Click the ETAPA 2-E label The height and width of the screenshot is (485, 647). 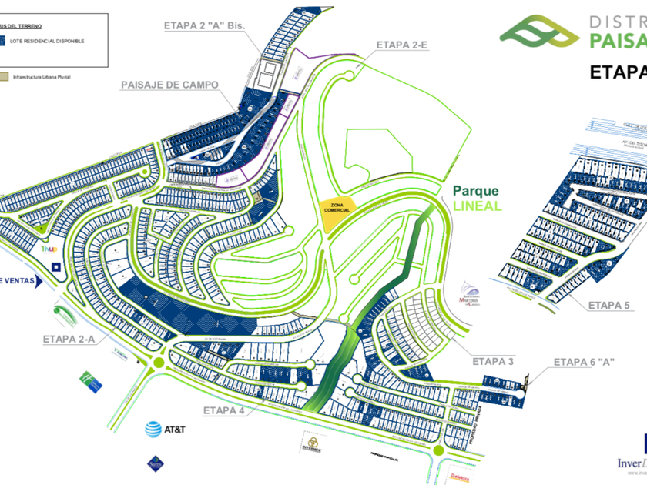click(401, 45)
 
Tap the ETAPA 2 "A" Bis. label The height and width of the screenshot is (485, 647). click(203, 25)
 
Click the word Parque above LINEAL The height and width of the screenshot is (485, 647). click(475, 191)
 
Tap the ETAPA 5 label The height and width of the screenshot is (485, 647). click(608, 306)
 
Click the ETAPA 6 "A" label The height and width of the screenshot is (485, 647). click(583, 361)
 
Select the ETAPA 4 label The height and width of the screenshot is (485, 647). click(224, 410)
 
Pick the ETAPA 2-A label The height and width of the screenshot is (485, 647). click(69, 338)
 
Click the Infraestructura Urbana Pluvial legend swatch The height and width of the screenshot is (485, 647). click(6, 76)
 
